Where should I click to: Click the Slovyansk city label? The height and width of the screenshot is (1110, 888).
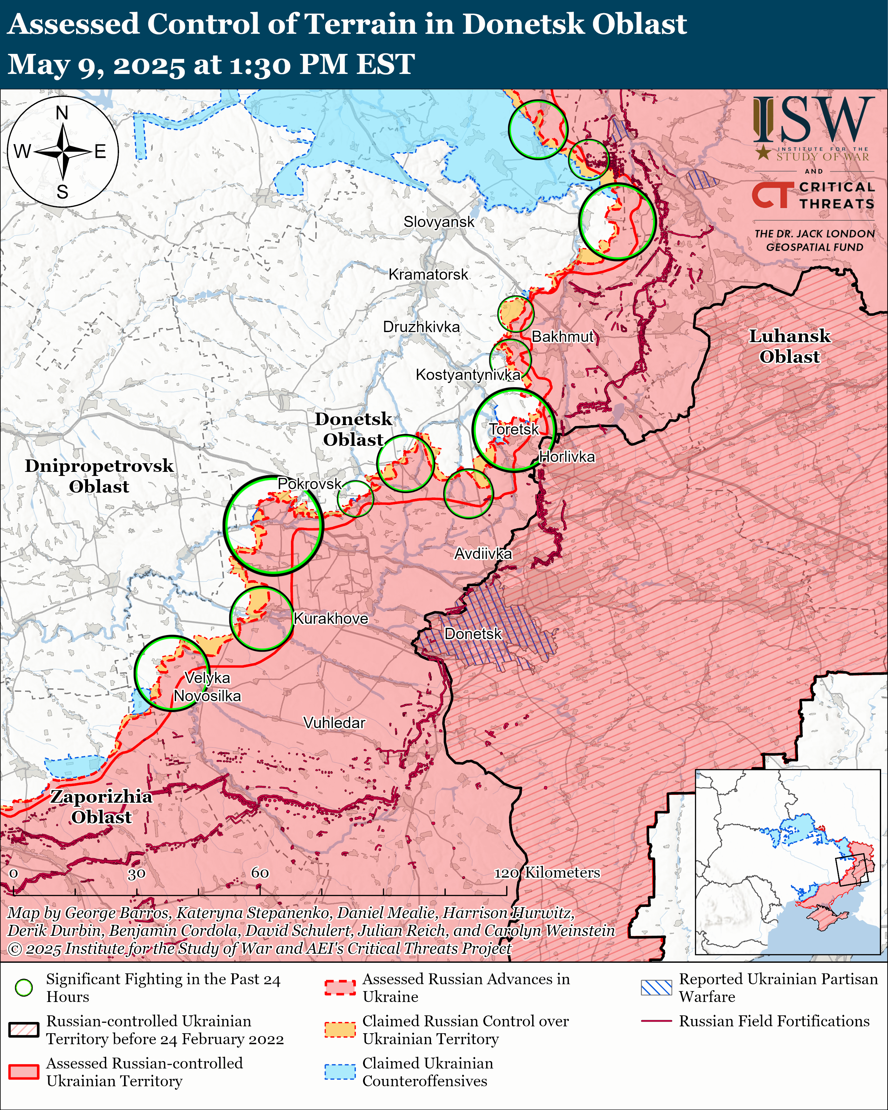439,222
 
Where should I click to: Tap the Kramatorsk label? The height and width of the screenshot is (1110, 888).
428,274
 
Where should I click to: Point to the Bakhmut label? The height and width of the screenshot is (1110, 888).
562,337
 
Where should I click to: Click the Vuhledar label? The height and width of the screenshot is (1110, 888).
334,723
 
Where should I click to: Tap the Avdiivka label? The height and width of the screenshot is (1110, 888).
483,554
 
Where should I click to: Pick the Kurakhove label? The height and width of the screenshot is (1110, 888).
330,618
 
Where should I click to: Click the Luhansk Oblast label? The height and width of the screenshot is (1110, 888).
789,347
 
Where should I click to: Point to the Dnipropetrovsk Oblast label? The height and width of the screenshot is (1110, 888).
99,476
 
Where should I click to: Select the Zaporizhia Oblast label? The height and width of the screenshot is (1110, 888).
101,807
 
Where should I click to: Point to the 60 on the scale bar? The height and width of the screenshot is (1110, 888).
260,873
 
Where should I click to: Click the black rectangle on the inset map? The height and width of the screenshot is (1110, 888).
852,870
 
